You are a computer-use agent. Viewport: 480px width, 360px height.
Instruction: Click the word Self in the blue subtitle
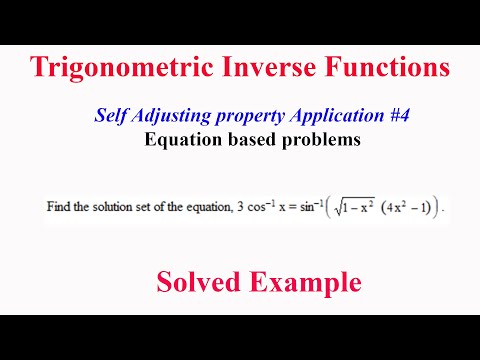(107, 117)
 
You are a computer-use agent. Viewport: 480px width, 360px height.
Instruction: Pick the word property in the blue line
(249, 118)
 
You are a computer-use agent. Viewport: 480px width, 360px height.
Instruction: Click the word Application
(336, 118)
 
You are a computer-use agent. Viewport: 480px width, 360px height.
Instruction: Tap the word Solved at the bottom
(194, 283)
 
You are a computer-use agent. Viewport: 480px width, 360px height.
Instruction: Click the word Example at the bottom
(300, 283)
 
